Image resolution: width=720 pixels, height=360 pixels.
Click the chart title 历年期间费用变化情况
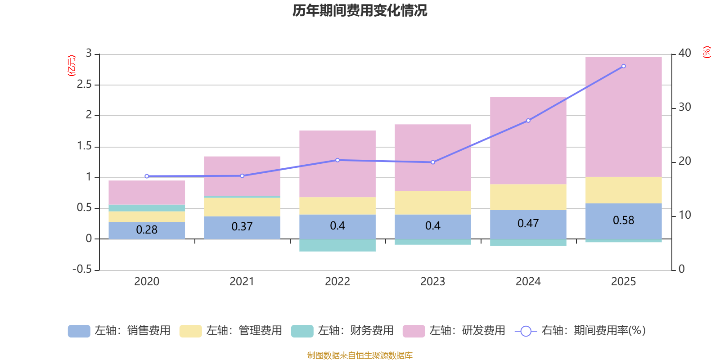pos(360,10)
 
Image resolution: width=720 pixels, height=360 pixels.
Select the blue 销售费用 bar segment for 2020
pos(147,230)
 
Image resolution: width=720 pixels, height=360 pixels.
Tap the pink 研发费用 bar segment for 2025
pos(623,117)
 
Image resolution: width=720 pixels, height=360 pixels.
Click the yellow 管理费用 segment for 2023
pos(432,202)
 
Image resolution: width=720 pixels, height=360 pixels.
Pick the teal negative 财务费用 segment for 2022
pos(337,245)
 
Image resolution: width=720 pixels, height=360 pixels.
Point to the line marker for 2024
pos(528,121)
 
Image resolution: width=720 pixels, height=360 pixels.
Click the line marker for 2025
pos(623,66)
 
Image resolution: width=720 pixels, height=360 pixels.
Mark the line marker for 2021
pos(242,175)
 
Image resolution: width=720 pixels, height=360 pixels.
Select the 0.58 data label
pos(623,220)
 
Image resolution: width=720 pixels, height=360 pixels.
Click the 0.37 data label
pos(242,226)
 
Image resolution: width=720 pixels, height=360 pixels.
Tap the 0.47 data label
pos(528,223)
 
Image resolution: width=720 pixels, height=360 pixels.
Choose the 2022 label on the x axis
pos(337,281)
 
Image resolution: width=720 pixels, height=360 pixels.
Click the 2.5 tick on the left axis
pos(84,84)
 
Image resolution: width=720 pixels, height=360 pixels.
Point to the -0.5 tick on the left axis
pos(82,269)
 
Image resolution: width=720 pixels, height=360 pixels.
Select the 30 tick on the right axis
pos(684,107)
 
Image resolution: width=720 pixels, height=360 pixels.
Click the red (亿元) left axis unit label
pos(72,66)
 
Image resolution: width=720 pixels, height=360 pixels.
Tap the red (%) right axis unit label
pos(706,52)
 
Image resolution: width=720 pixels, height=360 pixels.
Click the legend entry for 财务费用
pos(343,331)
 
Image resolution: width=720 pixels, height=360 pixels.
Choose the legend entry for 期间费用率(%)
pos(580,331)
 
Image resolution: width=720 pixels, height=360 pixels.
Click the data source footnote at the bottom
pos(360,355)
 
